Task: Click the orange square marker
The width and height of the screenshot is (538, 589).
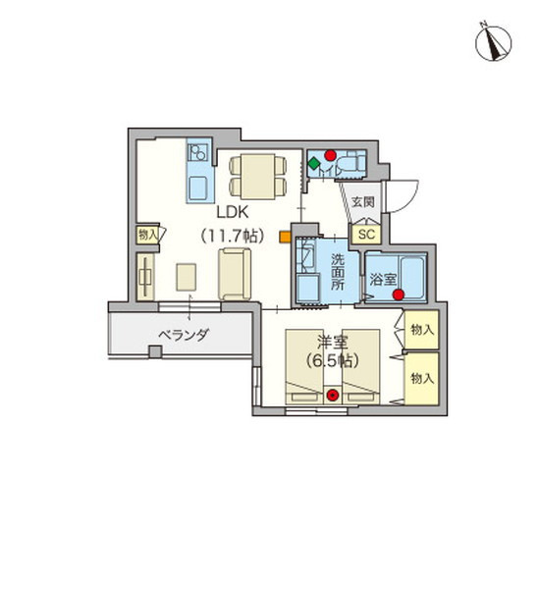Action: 284,236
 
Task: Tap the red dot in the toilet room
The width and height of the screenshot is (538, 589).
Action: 331,154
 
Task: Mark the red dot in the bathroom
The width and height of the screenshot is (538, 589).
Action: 398,293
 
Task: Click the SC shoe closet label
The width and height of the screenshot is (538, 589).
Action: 366,236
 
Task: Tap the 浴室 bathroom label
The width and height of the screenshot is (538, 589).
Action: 382,279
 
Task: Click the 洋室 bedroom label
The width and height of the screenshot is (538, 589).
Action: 331,342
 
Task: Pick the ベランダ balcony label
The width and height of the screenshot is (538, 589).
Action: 184,336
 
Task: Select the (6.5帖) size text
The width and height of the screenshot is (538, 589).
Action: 331,360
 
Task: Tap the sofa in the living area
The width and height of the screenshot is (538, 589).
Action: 236,275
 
